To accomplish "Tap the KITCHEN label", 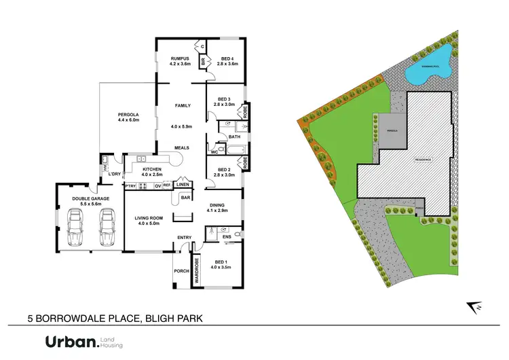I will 151,168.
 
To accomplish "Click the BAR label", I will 184,198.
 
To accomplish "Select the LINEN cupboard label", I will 182,185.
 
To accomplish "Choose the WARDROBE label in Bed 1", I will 197,270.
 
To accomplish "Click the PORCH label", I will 181,271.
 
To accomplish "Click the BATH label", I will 234,137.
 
